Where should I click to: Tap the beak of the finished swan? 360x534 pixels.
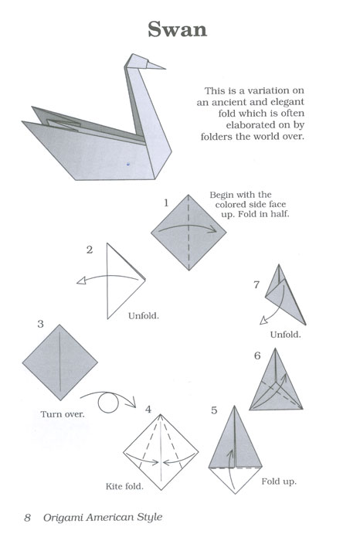coord(158,65)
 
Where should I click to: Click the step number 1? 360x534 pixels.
coord(165,202)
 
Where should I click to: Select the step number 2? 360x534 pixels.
coord(90,249)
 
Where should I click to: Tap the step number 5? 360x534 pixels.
coord(214,410)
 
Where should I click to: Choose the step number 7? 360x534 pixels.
coord(256,284)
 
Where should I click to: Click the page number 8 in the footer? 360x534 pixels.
coord(27,516)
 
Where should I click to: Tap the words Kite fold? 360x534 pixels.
coord(124,487)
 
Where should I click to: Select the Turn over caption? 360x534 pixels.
coord(63,413)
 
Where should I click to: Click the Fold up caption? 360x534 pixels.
coord(279,481)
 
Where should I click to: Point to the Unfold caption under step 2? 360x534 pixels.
coord(144,315)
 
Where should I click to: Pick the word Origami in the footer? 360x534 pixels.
coord(66,516)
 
